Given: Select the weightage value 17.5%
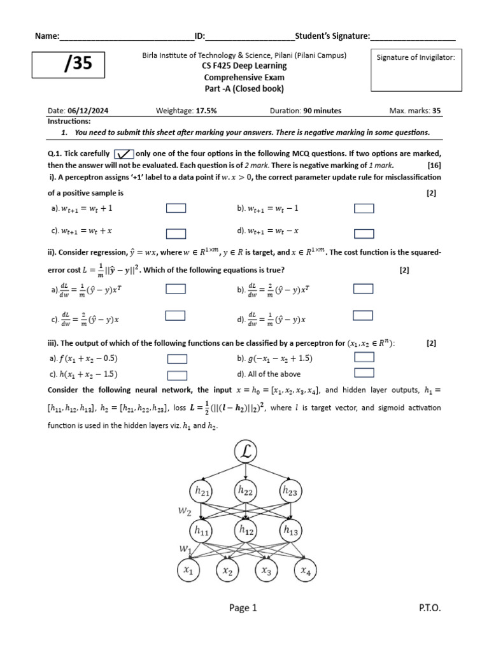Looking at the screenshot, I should pyautogui.click(x=205, y=110).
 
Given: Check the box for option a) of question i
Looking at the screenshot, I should pyautogui.click(x=176, y=208).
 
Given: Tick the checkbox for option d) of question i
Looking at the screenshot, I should pyautogui.click(x=364, y=232).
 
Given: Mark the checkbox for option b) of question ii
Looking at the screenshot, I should pyautogui.click(x=364, y=289).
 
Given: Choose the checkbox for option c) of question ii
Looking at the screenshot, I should pyautogui.click(x=176, y=315).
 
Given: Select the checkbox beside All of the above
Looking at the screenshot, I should pyautogui.click(x=364, y=373).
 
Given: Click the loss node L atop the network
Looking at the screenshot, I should pyautogui.click(x=246, y=452).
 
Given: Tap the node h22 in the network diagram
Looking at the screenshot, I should pyautogui.click(x=246, y=491).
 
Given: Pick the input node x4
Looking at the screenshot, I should pyautogui.click(x=305, y=570).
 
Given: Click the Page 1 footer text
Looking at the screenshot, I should pyautogui.click(x=243, y=608).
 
